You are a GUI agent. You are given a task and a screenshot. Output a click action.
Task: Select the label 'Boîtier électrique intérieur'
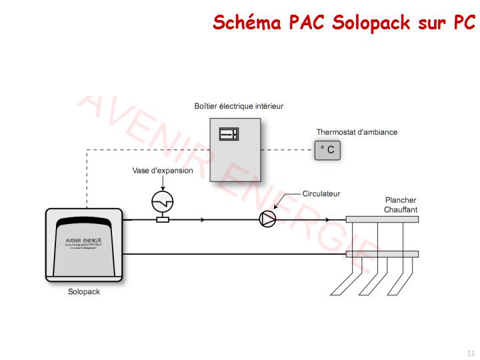tap(239, 106)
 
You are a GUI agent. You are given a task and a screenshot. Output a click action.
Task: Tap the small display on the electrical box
tap(229, 134)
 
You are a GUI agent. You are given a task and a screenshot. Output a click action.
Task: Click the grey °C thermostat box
tap(327, 150)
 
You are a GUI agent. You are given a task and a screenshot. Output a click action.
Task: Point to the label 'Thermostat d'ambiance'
tap(357, 132)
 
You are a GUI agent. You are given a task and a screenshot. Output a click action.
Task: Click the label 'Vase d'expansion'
tap(163, 171)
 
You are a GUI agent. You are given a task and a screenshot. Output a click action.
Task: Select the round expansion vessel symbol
tap(162, 200)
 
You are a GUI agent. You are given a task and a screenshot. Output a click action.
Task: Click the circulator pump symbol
tap(267, 219)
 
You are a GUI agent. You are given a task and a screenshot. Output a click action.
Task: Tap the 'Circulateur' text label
tap(321, 194)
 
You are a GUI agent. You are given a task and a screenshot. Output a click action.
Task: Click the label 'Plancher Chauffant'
tap(401, 205)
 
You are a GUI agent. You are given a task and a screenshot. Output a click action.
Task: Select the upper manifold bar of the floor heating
tap(382, 219)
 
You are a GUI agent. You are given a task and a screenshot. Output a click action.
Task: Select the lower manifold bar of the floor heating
tap(382, 254)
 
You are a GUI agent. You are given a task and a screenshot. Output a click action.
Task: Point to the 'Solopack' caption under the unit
tap(84, 292)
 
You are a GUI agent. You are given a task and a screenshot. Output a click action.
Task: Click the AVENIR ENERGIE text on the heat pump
tap(83, 239)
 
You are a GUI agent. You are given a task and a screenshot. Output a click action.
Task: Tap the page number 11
tap(471, 353)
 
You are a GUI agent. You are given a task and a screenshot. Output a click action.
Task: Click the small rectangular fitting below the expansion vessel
tap(162, 219)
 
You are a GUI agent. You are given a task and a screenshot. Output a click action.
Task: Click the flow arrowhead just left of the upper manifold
tap(327, 219)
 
